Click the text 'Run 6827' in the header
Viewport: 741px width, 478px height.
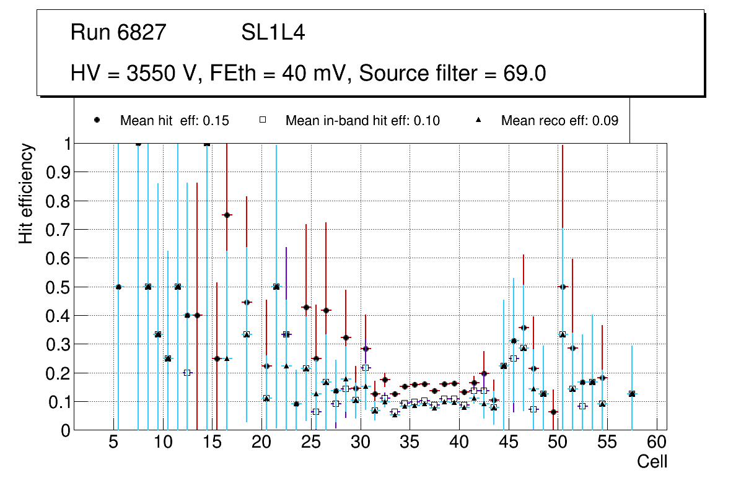(x=118, y=32)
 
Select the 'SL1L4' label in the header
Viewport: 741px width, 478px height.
(x=273, y=32)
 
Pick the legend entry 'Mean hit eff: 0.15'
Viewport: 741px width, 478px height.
(x=174, y=121)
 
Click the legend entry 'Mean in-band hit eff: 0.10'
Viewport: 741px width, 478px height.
(x=362, y=121)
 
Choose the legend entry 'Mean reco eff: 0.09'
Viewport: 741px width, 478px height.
(x=559, y=121)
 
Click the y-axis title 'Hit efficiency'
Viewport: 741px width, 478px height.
(x=25, y=193)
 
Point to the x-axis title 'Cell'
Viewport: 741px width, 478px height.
(x=652, y=461)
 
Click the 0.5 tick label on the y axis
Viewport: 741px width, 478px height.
(x=58, y=287)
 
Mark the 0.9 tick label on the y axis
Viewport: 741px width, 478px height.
(x=58, y=172)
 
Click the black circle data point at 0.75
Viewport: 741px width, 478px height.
(x=227, y=215)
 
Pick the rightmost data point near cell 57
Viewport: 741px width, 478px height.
(x=631, y=394)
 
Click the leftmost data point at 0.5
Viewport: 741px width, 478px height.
(x=118, y=287)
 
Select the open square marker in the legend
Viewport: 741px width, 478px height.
(x=263, y=121)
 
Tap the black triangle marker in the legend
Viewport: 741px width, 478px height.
(x=478, y=121)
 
